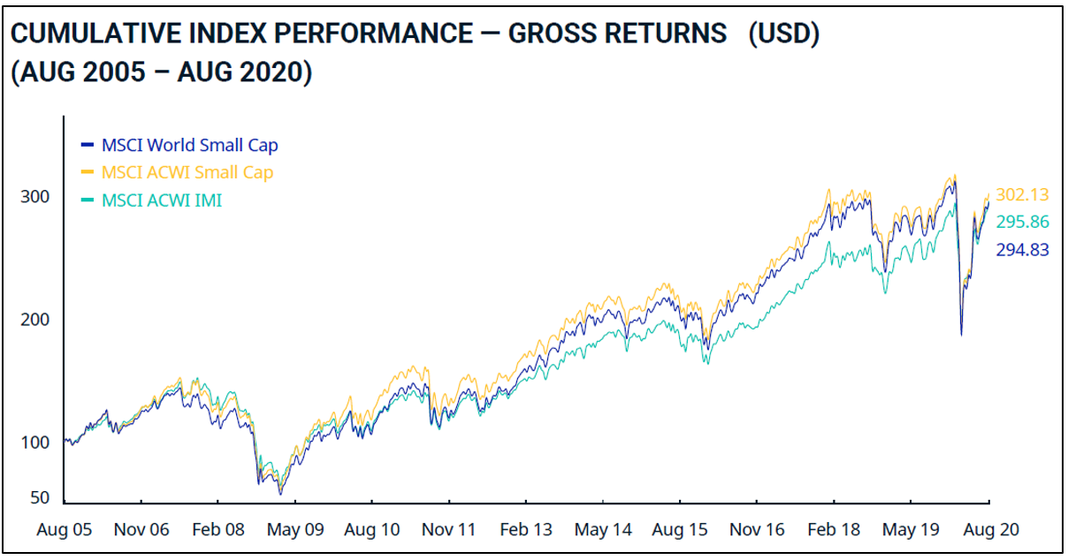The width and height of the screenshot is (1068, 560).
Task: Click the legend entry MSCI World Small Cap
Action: [190, 145]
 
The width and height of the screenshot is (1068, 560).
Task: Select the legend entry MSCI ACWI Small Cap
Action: [187, 172]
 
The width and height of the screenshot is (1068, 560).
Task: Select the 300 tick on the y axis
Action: [35, 196]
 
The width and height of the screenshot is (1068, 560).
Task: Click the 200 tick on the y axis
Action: [35, 319]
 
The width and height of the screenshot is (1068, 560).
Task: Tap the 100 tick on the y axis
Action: [35, 442]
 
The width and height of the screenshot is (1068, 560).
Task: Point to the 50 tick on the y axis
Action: [40, 498]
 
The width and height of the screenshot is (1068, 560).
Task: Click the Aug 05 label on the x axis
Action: [64, 530]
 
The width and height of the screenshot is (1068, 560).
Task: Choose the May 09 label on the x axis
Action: [294, 530]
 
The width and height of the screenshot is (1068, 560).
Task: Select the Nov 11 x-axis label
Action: [449, 530]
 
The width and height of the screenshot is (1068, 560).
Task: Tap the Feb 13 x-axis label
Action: [526, 530]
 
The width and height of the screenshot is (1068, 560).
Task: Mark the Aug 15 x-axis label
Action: [680, 530]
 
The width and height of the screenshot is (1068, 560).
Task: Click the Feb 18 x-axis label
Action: [834, 530]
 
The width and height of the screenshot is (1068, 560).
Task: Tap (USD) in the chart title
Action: [783, 34]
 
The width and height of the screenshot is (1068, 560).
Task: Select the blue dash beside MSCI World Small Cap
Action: [86, 145]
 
